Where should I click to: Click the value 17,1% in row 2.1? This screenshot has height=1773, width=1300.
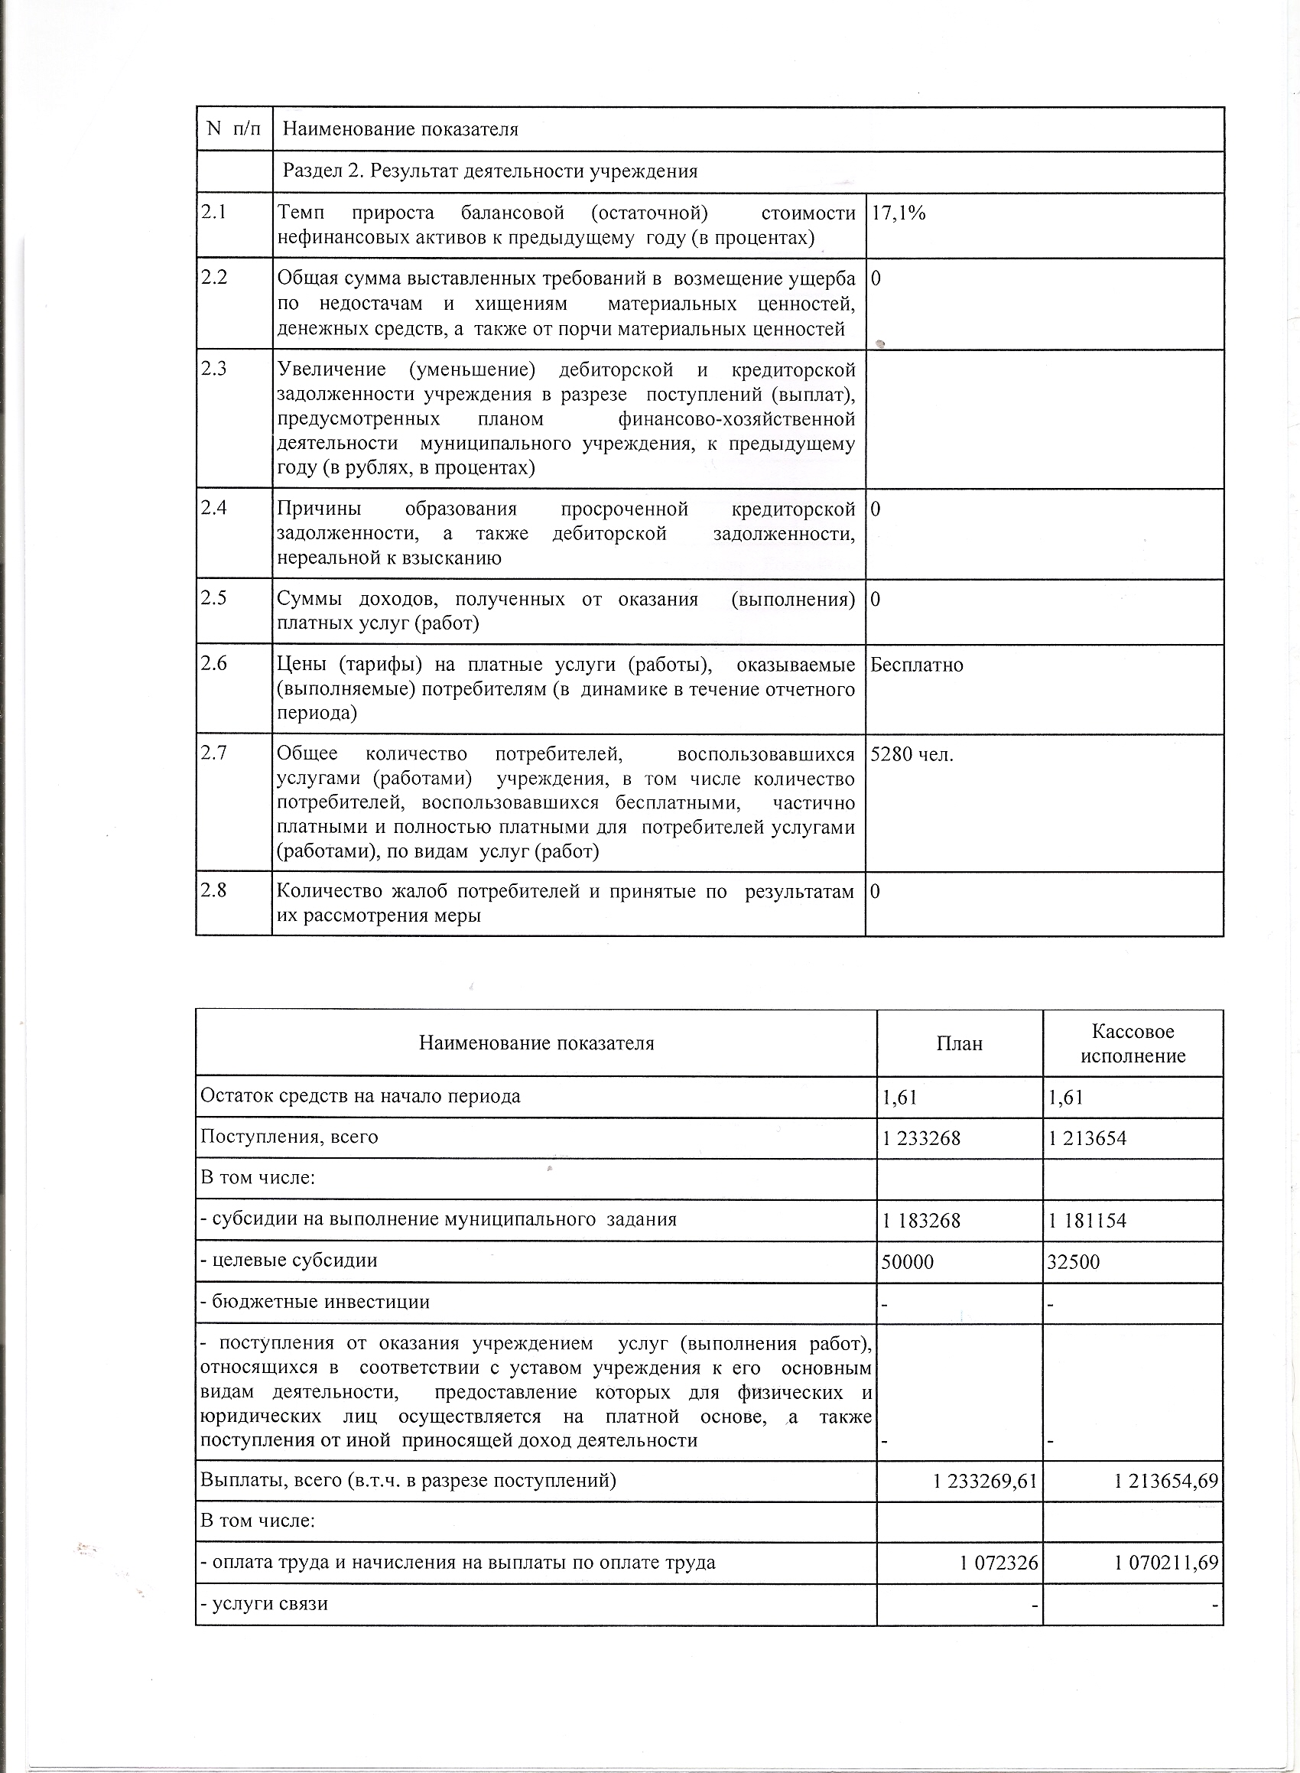coord(898,213)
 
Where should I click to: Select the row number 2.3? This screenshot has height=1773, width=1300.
coord(214,369)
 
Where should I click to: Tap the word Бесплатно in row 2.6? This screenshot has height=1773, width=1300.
coord(917,665)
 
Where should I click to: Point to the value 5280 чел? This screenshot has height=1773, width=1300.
coord(912,755)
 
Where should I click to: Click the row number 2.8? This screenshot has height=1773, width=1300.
coord(214,891)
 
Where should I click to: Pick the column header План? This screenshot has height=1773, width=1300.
coord(959,1043)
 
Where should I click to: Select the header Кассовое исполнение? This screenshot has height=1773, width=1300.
coord(1133,1043)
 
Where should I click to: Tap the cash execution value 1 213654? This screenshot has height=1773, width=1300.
coord(1087,1138)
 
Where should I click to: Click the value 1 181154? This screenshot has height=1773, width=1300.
coord(1087,1221)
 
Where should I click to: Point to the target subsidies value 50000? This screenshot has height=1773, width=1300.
coord(908,1261)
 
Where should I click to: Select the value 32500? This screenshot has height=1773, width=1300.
coord(1074,1261)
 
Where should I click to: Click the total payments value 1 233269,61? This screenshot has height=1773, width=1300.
coord(985,1481)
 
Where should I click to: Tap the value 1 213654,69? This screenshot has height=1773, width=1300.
coord(1166,1481)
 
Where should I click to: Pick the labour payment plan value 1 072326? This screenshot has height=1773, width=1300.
coord(999,1563)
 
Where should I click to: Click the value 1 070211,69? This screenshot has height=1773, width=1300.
coord(1166,1563)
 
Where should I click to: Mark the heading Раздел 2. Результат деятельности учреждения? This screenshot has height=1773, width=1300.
coord(489,171)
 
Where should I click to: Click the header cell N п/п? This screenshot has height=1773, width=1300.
coord(233,129)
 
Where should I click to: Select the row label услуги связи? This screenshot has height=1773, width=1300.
coord(265,1603)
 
